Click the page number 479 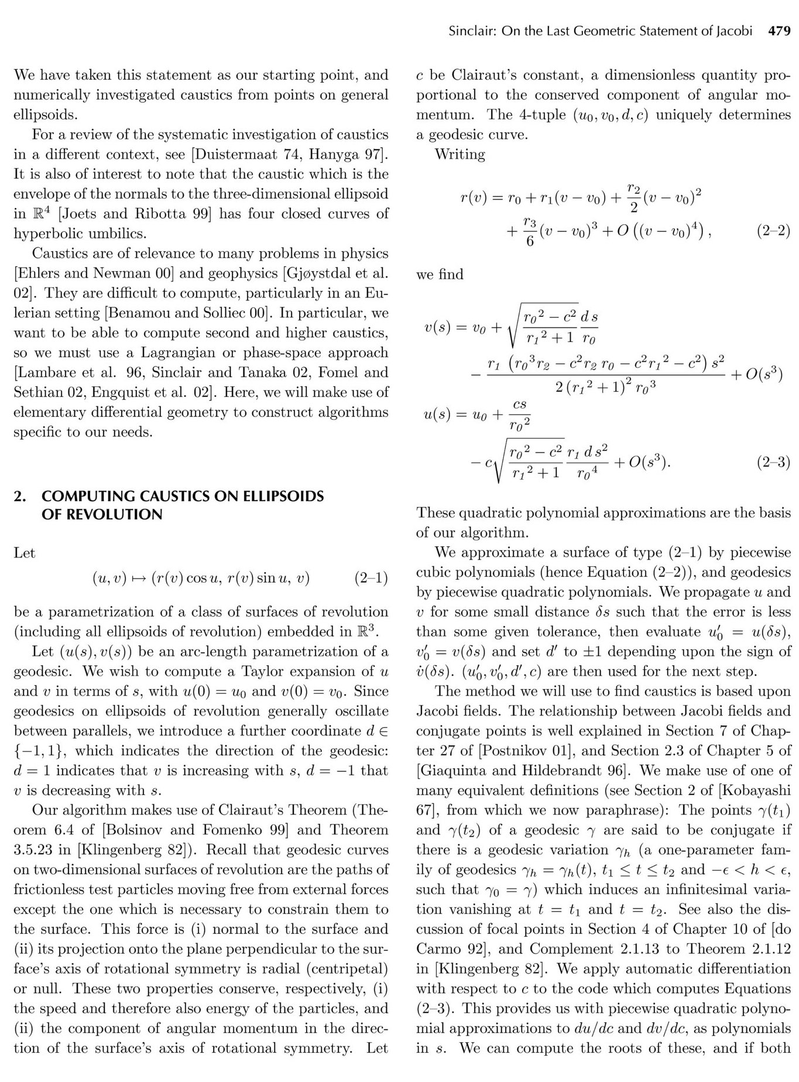[x=779, y=32]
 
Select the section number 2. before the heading [x=20, y=497]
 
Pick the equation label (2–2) [x=774, y=231]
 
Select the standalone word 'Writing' [x=460, y=155]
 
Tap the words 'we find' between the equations [x=440, y=275]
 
